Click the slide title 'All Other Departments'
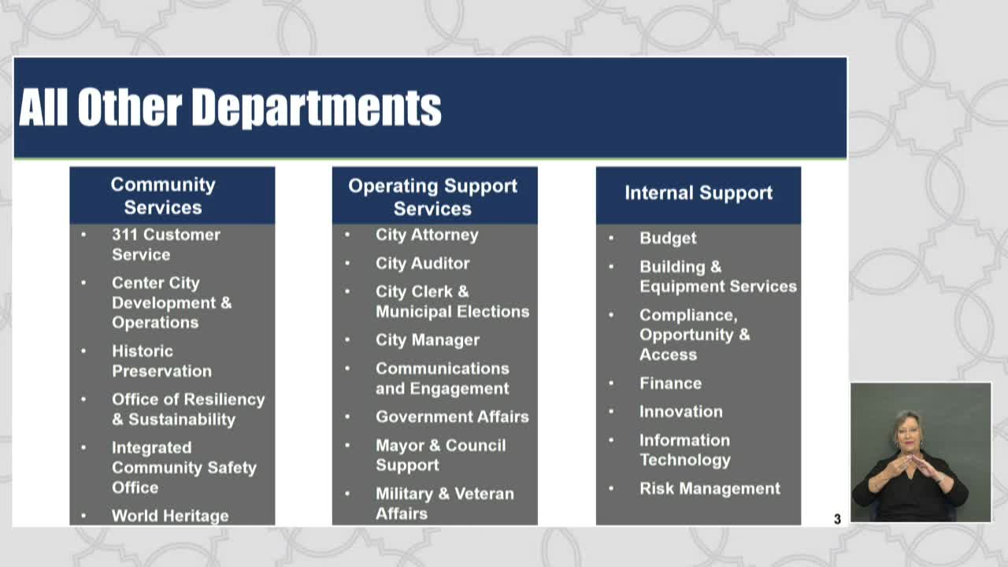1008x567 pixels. tap(230, 107)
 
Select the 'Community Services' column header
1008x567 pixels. tap(163, 196)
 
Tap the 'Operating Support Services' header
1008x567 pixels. tap(433, 197)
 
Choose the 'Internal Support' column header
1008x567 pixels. tap(699, 193)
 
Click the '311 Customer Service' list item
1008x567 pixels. tap(166, 244)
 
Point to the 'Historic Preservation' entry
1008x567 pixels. tap(161, 361)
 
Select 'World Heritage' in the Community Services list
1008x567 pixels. tap(170, 516)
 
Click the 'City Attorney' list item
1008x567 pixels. tap(427, 235)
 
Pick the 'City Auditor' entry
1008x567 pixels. tap(423, 263)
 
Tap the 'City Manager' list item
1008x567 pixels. tap(428, 340)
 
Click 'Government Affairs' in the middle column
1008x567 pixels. tap(452, 417)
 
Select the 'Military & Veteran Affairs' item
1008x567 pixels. tap(445, 503)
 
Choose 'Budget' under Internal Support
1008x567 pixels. tap(668, 238)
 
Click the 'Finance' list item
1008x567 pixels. tap(670, 384)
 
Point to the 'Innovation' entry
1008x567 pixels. tap(681, 412)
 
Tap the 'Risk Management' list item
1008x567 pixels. tap(710, 489)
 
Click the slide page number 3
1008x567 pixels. tap(837, 519)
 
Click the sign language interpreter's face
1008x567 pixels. tap(907, 432)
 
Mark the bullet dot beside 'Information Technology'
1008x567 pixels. tap(611, 440)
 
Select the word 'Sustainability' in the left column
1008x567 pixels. tap(182, 420)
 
